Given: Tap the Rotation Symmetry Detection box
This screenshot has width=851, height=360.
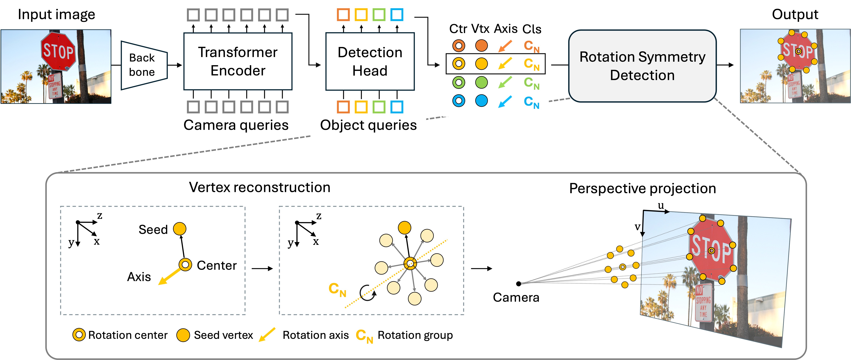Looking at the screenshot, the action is coord(642,66).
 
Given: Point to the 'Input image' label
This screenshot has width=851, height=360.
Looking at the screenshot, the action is coord(57,14).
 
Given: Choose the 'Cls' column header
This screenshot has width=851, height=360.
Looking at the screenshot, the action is coord(531,29).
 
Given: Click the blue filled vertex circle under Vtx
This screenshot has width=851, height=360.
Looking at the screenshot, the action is coord(481,100).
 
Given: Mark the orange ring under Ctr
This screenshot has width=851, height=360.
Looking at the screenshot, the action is coord(459,45).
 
